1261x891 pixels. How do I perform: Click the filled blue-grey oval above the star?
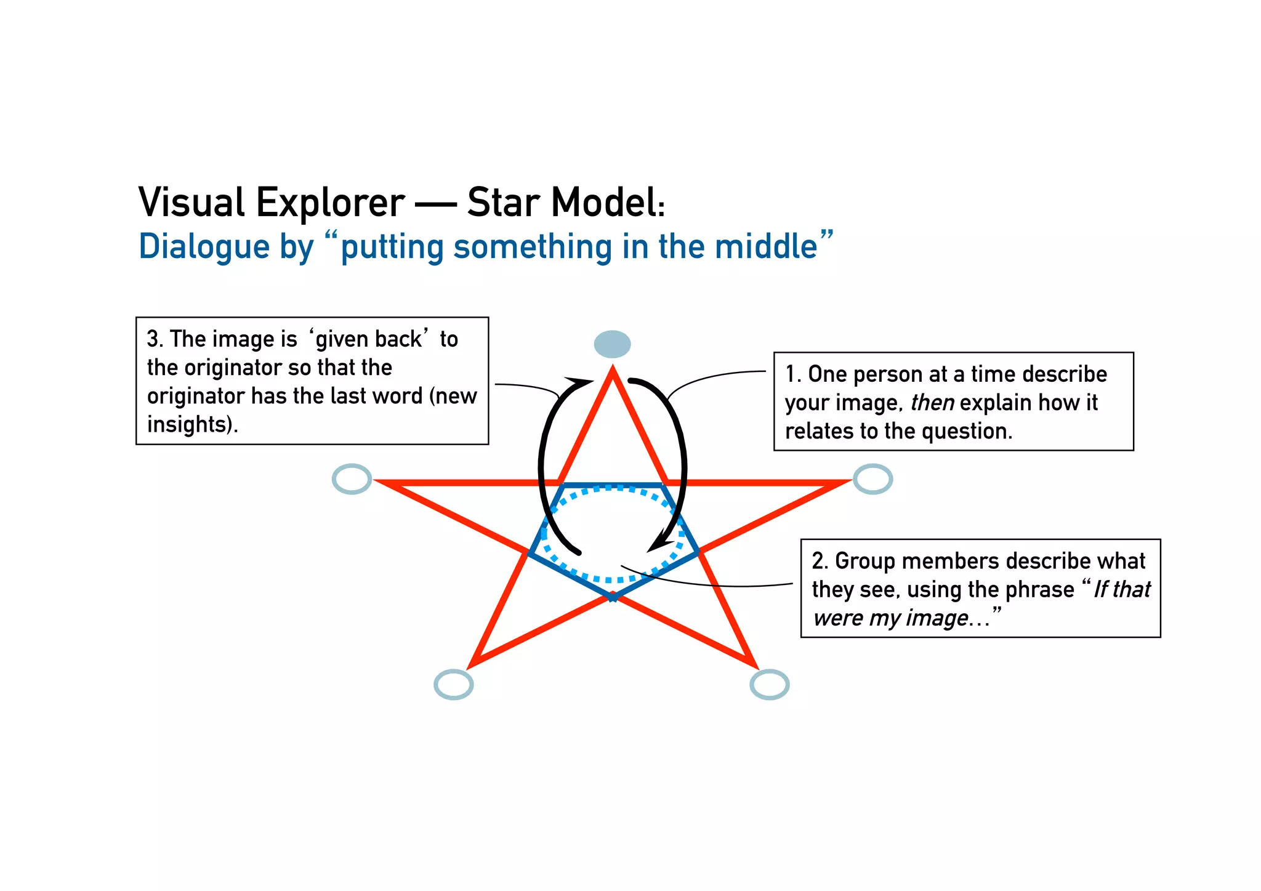[x=612, y=344]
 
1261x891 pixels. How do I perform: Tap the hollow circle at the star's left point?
[x=352, y=479]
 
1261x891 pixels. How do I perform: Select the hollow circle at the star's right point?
[x=872, y=479]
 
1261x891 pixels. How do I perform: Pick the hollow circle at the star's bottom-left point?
[x=454, y=684]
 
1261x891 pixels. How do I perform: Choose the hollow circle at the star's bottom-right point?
[x=770, y=684]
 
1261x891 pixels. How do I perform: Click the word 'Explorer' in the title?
[x=331, y=203]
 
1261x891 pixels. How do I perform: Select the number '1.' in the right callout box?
[x=793, y=374]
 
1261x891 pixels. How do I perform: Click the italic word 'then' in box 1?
[x=932, y=403]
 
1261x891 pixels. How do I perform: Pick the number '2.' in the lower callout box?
[x=820, y=561]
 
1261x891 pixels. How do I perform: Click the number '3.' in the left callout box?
[x=155, y=339]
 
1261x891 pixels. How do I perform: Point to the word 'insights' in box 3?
[x=188, y=424]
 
